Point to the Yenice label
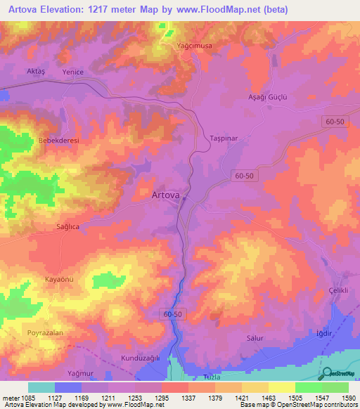73,72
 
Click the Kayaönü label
60,280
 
